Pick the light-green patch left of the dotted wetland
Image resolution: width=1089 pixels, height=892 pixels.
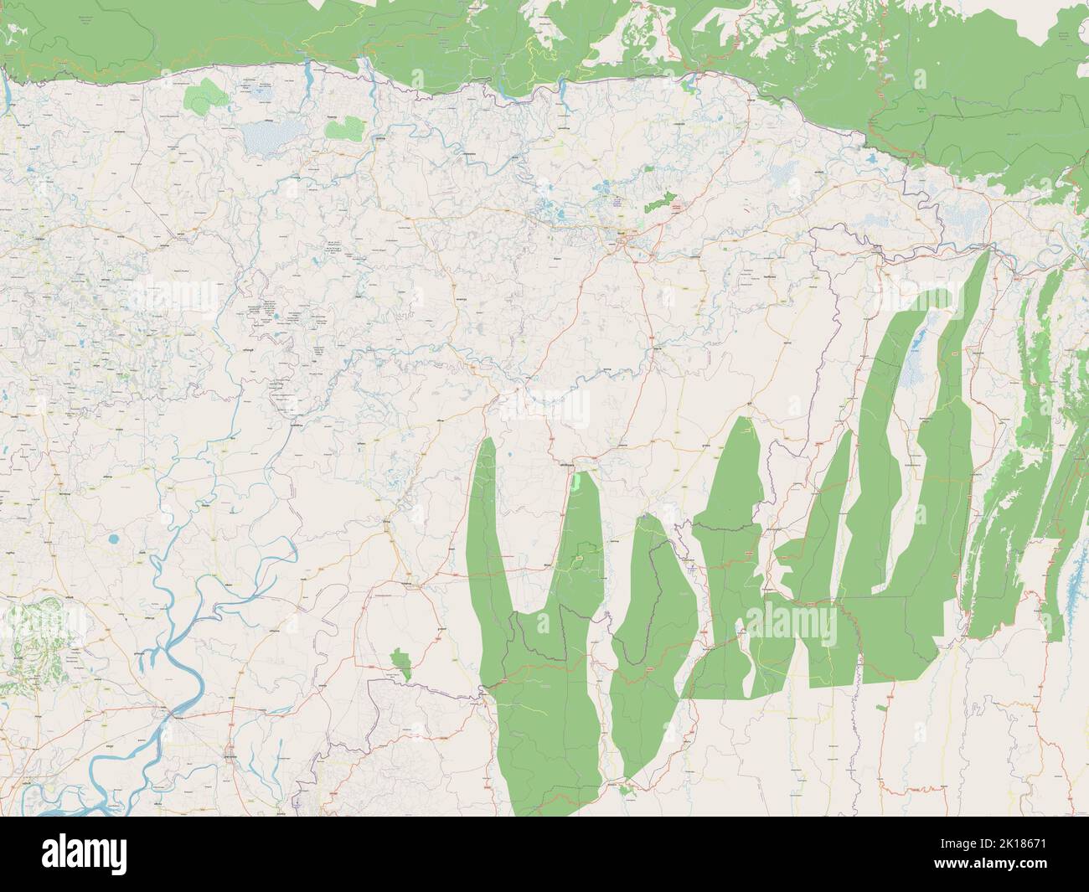pyautogui.click(x=202, y=99)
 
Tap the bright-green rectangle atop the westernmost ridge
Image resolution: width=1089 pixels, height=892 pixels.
pyautogui.click(x=577, y=482)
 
